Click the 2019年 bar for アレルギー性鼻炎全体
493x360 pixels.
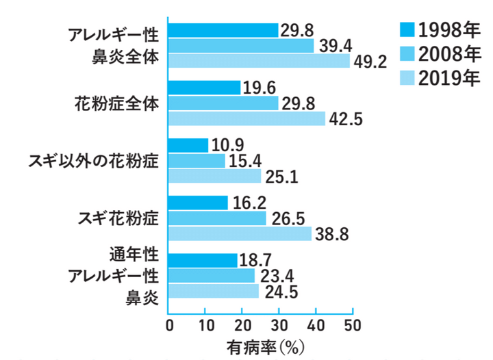tap(259, 61)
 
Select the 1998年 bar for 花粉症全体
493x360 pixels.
tap(204, 88)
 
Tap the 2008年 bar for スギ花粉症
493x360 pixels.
tap(217, 218)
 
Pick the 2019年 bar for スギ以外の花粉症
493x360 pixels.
tap(214, 176)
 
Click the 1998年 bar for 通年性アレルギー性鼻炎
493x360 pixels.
tap(203, 261)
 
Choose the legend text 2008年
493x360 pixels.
tap(449, 53)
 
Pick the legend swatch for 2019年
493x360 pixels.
tap(407, 78)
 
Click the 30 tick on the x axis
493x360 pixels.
tap(279, 324)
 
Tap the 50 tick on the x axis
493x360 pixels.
tap(352, 324)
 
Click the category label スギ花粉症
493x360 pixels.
tap(118, 218)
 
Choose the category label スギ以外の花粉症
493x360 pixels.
tap(93, 162)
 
